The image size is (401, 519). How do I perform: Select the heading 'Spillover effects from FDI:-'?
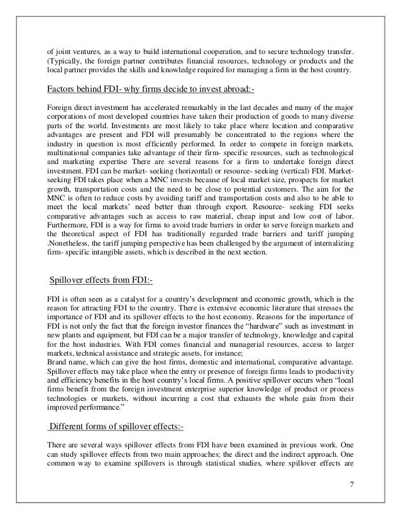(99, 280)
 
